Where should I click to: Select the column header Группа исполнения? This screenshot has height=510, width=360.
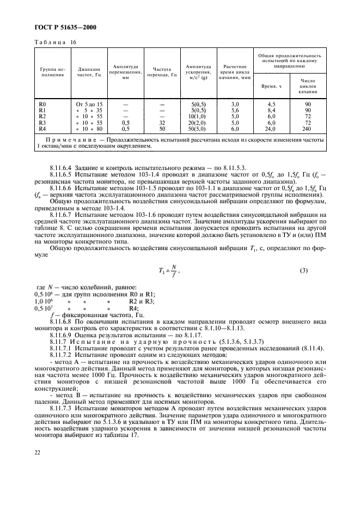(x=52, y=74)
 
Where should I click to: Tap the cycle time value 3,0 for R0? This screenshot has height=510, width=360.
(x=235, y=104)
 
